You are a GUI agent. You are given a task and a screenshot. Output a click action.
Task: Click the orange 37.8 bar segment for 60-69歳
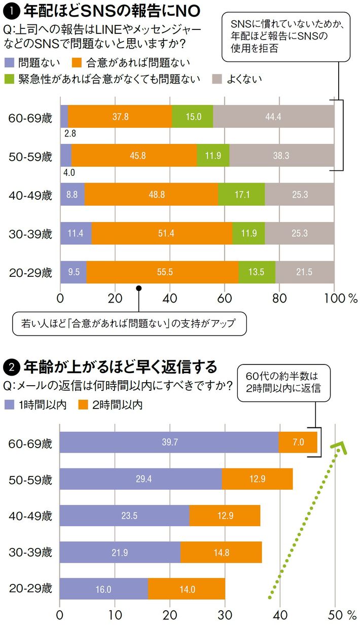[120, 117]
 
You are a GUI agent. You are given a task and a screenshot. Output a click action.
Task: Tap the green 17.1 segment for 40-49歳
[241, 194]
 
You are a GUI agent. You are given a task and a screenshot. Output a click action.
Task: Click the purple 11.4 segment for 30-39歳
[76, 233]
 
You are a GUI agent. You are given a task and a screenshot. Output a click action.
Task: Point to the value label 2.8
[69, 133]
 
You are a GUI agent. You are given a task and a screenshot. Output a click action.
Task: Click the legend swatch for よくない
[217, 79]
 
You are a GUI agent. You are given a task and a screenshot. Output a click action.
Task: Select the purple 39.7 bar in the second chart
[169, 442]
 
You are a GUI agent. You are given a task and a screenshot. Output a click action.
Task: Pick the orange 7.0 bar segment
[298, 442]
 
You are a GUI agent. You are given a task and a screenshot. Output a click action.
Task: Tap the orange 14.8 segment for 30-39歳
[221, 553]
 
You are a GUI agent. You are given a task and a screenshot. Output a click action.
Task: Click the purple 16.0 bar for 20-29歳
[103, 589]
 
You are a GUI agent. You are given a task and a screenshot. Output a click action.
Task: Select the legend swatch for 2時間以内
[84, 405]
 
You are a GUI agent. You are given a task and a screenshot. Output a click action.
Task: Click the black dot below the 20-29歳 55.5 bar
[138, 288]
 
